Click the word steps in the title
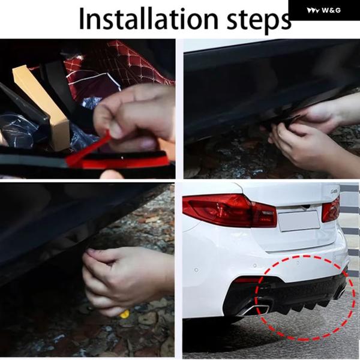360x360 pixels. [x=259, y=21]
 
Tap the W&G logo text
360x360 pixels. [x=331, y=10]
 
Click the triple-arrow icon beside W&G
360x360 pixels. [x=313, y=10]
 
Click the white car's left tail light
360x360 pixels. [x=230, y=210]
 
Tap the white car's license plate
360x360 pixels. [x=299, y=220]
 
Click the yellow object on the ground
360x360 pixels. [x=124, y=314]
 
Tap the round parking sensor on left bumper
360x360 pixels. [x=196, y=270]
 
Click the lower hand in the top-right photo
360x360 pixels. [x=305, y=147]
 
